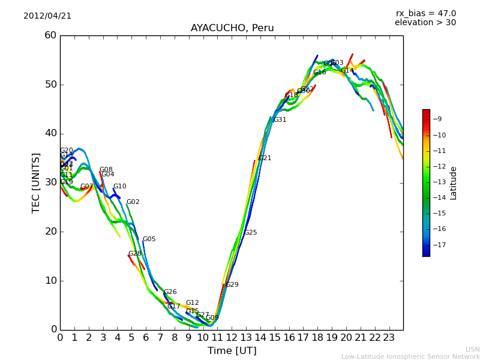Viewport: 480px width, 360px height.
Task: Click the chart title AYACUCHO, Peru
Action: [x=232, y=28]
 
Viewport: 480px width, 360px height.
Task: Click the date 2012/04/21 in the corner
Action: [x=47, y=16]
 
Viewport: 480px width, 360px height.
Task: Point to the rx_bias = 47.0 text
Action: [x=425, y=14]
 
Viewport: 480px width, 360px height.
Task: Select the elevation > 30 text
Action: [x=425, y=23]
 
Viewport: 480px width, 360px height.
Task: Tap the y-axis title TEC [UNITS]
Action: [x=37, y=183]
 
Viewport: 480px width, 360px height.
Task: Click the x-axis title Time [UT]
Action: [x=232, y=351]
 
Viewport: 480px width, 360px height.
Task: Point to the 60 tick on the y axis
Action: [x=50, y=35]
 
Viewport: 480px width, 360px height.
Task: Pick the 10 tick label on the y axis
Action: [x=50, y=281]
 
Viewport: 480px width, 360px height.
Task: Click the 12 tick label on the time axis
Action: [x=232, y=338]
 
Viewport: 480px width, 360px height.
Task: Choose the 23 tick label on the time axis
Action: [x=389, y=338]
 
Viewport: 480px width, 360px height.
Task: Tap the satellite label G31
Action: [x=280, y=120]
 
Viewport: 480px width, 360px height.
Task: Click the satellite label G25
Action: [x=250, y=233]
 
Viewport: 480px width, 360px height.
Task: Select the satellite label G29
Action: [x=232, y=285]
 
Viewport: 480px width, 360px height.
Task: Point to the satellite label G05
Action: [x=149, y=239]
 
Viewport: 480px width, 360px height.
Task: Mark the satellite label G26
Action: [x=170, y=292]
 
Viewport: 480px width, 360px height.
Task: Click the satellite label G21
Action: [x=265, y=158]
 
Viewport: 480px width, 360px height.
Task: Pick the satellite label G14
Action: [x=347, y=71]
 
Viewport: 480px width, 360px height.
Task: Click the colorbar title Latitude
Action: [x=454, y=183]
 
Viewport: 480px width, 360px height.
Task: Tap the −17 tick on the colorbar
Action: [x=436, y=245]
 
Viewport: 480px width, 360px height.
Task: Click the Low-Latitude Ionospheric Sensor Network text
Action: [x=410, y=357]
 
